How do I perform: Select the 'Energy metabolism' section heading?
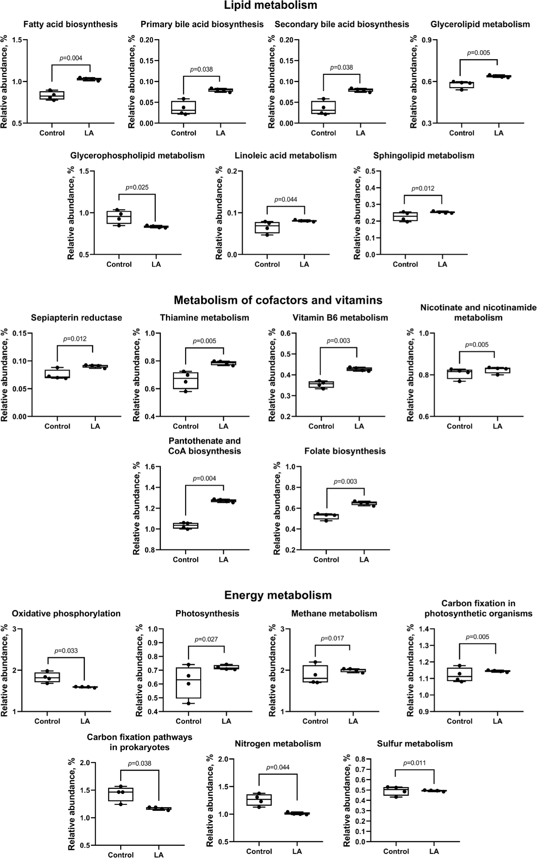278,595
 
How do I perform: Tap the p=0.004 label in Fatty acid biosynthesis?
71,58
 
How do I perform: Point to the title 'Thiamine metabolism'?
204,318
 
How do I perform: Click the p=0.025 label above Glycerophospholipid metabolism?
137,187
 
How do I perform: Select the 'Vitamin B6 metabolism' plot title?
340,318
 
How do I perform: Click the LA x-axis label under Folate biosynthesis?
364,559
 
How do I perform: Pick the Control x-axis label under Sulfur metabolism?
396,852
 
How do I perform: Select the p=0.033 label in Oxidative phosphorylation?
66,651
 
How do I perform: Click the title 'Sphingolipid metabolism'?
424,155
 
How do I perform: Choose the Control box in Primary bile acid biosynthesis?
184,107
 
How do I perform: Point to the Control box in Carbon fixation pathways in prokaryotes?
120,794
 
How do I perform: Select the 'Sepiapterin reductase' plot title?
76,318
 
